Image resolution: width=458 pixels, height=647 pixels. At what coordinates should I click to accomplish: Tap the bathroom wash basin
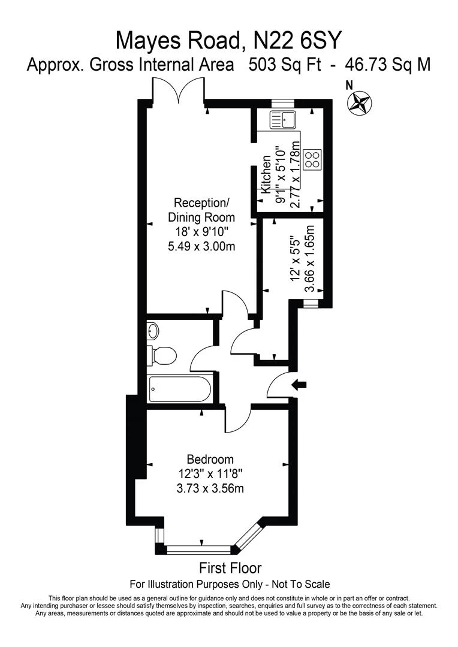[x=153, y=331]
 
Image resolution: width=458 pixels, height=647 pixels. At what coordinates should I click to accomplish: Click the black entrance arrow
[x=299, y=385]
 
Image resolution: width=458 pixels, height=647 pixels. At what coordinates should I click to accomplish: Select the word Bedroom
[x=210, y=459]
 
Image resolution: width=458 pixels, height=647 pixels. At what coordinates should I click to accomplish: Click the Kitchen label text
[x=267, y=174]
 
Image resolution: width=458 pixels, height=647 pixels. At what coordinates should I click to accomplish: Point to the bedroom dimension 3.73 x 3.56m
[x=210, y=488]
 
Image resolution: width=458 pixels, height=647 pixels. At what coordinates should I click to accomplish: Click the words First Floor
[x=230, y=567]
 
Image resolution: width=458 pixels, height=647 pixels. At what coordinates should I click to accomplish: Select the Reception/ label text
[x=201, y=202]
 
